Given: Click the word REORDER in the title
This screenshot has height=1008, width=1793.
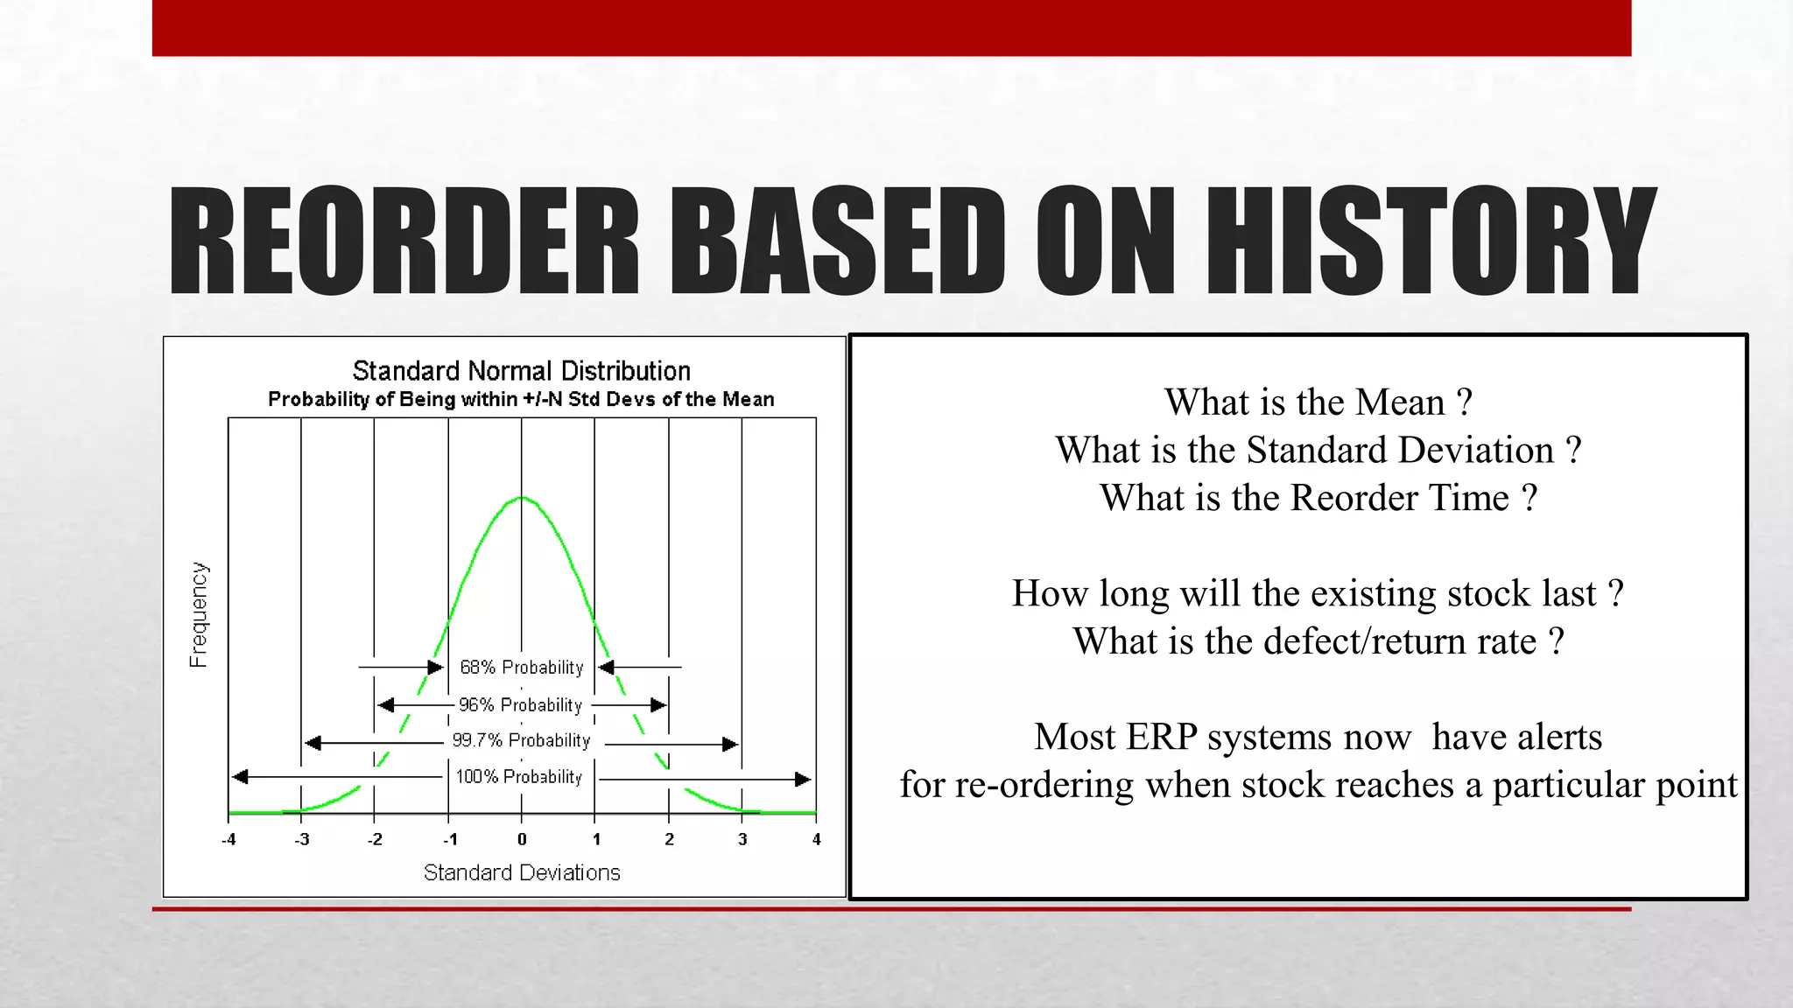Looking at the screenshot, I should [x=404, y=241].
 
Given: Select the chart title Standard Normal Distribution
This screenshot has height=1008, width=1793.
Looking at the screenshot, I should [x=521, y=371].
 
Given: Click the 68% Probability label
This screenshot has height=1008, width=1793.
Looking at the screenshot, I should [x=521, y=668].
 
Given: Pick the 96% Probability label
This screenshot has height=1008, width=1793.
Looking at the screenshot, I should [x=520, y=705].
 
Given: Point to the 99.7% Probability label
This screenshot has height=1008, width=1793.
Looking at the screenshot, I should [x=521, y=741].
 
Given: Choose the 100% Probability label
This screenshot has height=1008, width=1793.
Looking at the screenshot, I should [x=518, y=777].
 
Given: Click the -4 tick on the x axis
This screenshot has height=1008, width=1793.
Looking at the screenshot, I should [x=229, y=840].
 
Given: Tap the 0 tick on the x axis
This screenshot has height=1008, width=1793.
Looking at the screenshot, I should [x=522, y=840].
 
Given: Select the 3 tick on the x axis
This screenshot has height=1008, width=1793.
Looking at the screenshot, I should [x=742, y=840].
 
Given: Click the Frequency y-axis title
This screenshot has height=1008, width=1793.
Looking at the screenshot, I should [x=200, y=614].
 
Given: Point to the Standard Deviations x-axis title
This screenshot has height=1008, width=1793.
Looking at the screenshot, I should [x=522, y=873].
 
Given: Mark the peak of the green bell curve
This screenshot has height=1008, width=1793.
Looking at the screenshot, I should [x=522, y=498].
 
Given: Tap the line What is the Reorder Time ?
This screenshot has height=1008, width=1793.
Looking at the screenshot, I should [x=1318, y=498].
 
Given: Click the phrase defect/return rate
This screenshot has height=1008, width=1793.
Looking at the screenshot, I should [x=1400, y=641].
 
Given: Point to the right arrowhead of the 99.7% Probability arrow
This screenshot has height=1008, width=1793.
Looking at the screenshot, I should [x=730, y=744].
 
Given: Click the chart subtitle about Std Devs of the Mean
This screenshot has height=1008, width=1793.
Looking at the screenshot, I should [x=521, y=400].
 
